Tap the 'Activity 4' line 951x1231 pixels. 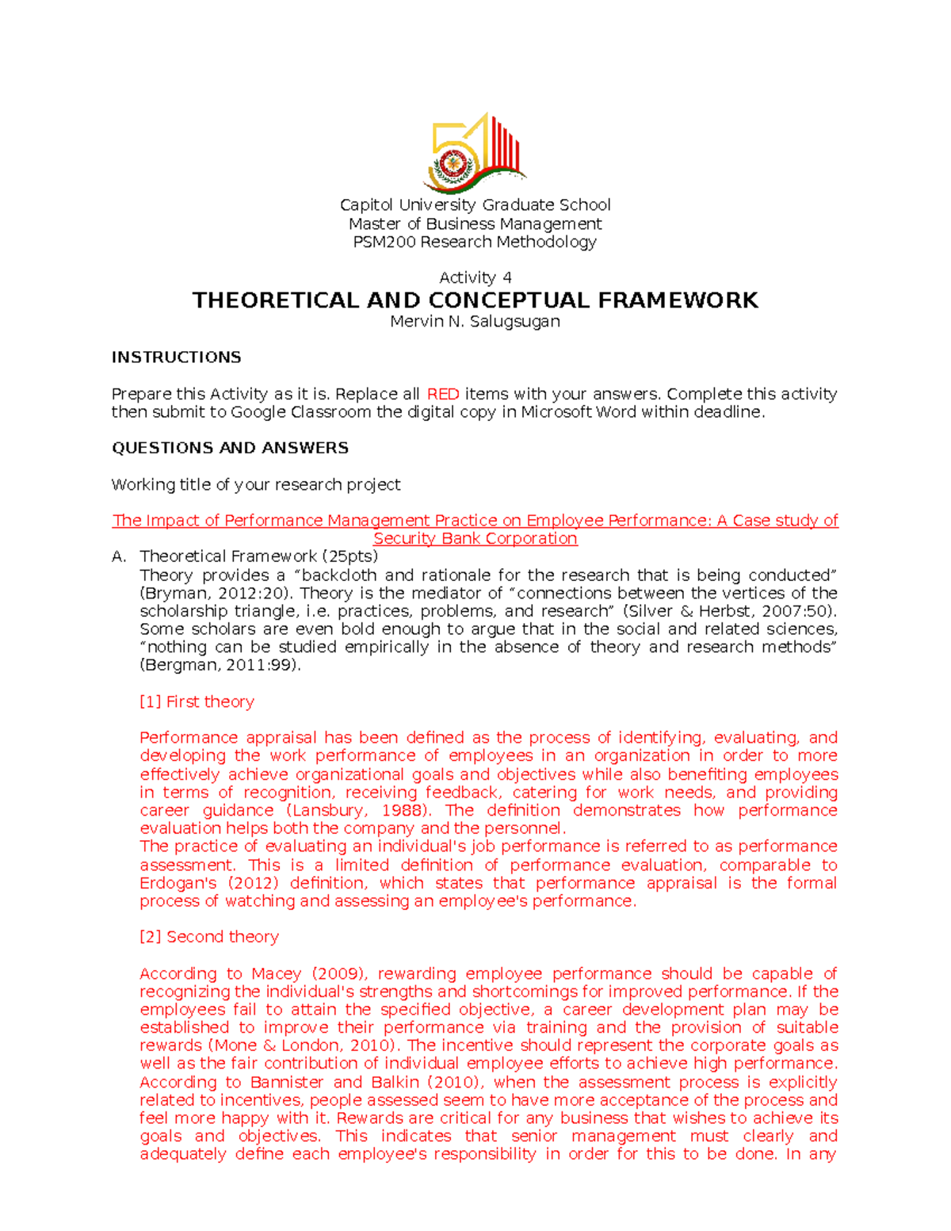[475, 277]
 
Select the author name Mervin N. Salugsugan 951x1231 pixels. [475, 321]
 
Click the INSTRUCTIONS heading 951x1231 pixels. [176, 357]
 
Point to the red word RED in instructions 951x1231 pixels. [443, 394]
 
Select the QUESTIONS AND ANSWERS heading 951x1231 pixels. [230, 448]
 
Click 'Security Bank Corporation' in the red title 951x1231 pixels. [475, 539]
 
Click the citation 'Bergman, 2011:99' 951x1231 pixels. [218, 666]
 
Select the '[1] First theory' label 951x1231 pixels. [197, 702]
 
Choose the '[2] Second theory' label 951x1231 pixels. [208, 937]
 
